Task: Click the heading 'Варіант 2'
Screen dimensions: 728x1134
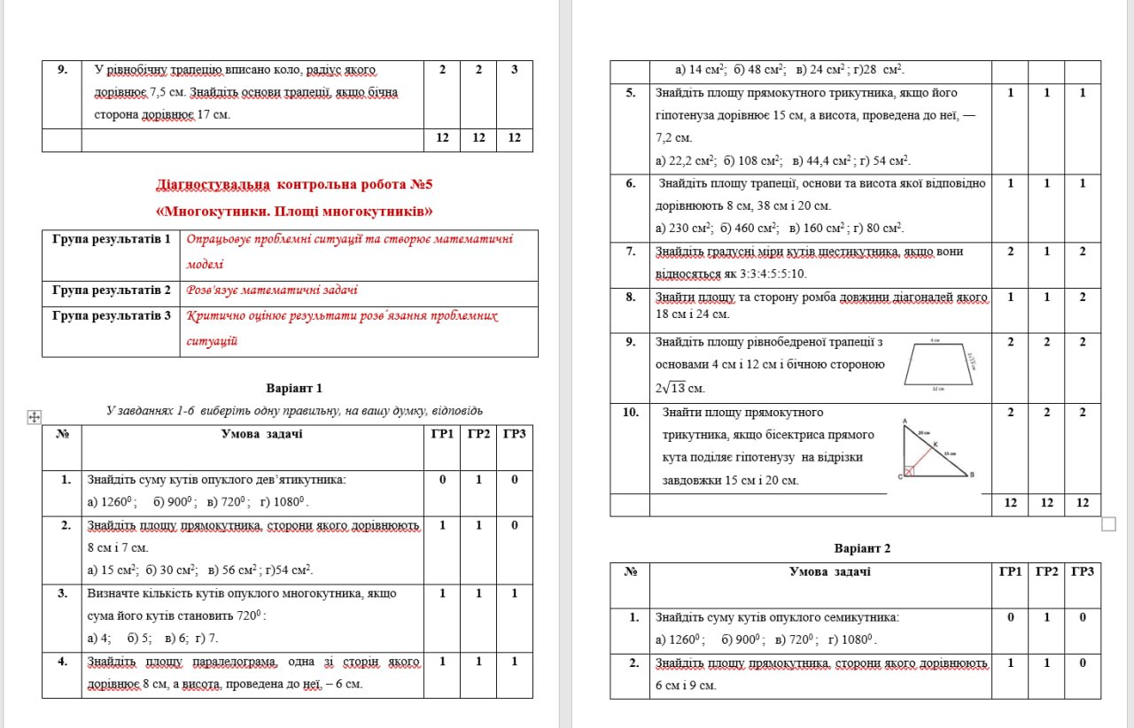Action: pyautogui.click(x=862, y=548)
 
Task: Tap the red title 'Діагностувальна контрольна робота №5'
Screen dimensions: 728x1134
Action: pyautogui.click(x=295, y=185)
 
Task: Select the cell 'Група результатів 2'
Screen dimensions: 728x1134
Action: pyautogui.click(x=111, y=290)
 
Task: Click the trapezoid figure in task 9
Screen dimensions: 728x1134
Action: pyautogui.click(x=938, y=364)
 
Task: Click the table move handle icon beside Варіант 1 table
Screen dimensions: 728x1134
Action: pyautogui.click(x=35, y=416)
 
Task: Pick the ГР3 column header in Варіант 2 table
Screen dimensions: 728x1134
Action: pyautogui.click(x=1082, y=572)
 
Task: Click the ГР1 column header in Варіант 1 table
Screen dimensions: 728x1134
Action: pyautogui.click(x=442, y=434)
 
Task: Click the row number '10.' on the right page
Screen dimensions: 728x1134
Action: pyautogui.click(x=630, y=412)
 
